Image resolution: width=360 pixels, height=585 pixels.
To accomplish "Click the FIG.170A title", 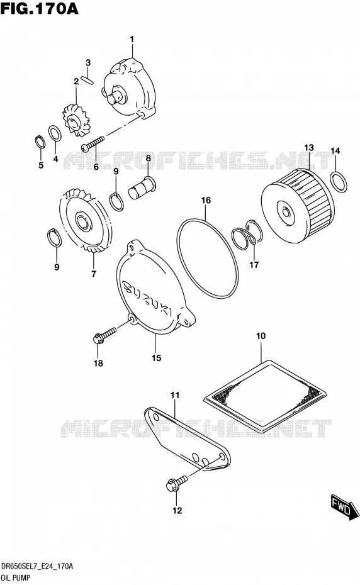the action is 39,8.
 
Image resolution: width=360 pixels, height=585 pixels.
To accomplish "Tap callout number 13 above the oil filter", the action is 309,148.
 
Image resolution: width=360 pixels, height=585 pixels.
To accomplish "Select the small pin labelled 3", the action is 88,79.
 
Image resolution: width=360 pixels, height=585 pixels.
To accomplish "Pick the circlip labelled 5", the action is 40,142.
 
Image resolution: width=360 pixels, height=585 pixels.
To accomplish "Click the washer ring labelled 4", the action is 55,134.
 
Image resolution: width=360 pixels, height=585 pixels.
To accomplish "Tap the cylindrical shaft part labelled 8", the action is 142,188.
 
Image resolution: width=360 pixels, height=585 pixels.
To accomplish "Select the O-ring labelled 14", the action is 339,182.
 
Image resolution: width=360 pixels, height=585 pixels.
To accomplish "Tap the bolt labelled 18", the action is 104,335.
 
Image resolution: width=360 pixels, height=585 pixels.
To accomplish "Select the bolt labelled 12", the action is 177,482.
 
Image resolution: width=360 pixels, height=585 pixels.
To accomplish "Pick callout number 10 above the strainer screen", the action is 261,336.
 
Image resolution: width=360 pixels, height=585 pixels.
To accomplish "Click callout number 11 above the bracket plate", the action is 175,395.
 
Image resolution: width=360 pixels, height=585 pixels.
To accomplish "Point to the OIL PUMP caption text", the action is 16,578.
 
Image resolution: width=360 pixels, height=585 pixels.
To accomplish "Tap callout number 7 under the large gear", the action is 93,274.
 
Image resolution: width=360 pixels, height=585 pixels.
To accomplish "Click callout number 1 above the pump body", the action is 132,39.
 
